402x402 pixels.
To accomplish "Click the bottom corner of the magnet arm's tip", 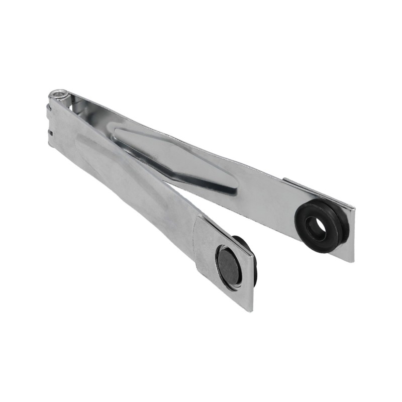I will point(250,310).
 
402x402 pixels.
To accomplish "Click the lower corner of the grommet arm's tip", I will point(352,261).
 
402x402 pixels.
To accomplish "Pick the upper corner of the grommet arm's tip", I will point(355,208).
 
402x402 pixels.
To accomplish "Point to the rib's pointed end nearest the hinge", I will point(117,132).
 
